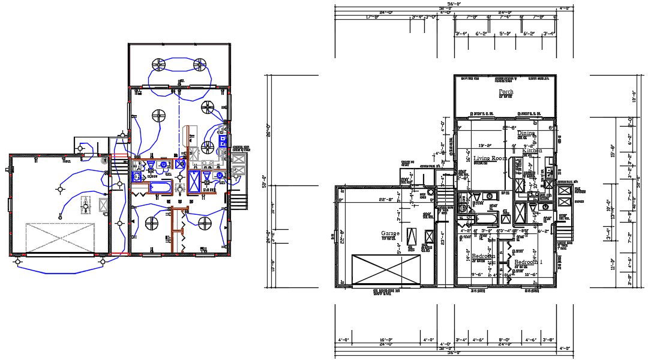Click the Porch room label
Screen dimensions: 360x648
coord(506,92)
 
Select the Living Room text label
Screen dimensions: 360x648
coord(491,158)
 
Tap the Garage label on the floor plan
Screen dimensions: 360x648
coord(390,233)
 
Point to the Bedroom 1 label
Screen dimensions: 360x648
coord(528,262)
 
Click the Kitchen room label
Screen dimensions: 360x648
coord(532,151)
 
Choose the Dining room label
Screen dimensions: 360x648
coord(526,133)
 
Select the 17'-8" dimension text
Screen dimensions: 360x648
coord(372,17)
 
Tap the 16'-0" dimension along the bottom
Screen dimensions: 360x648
coord(385,340)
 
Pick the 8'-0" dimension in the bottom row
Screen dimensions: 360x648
coord(504,340)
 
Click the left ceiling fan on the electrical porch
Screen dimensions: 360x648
coord(158,65)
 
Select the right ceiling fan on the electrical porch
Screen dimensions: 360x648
coord(200,65)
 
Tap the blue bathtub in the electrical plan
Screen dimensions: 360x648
coord(161,188)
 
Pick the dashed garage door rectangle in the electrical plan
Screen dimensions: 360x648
coord(60,238)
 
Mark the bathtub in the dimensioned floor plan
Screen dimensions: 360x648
coord(485,217)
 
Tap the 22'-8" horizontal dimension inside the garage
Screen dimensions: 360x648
coord(386,200)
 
